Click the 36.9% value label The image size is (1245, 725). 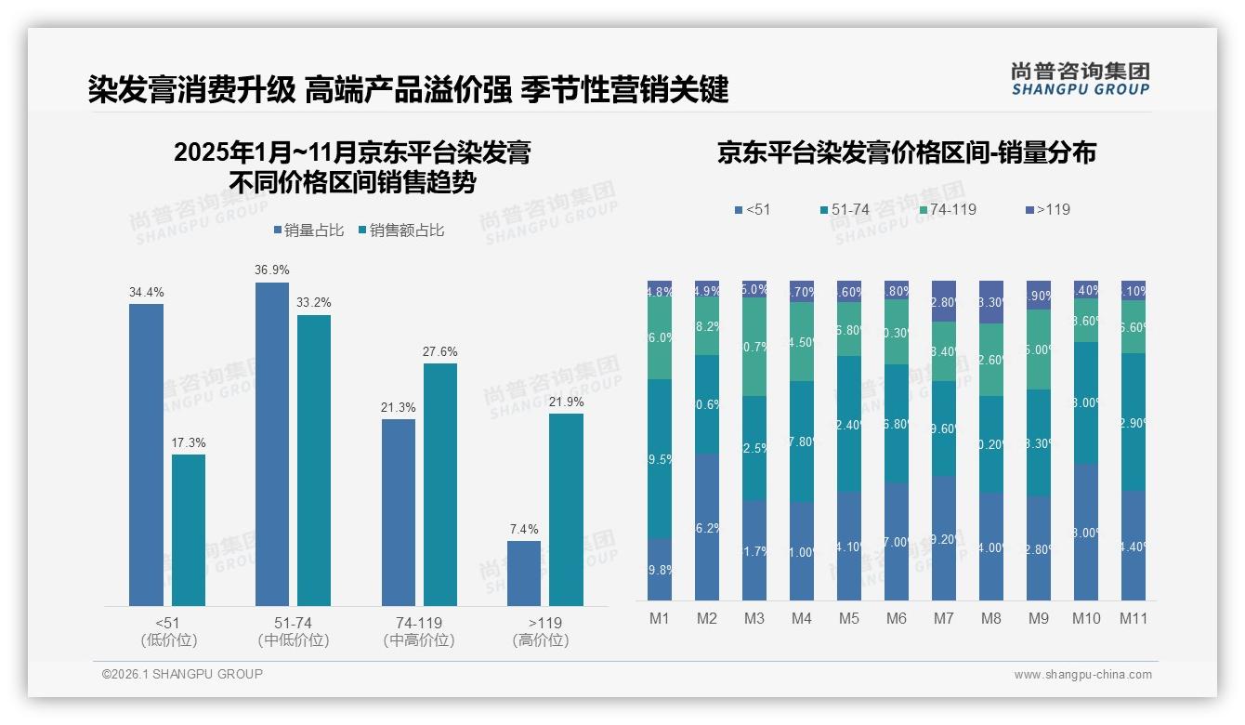272,270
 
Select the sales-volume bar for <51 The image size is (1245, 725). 146,455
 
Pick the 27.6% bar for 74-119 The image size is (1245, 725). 440,484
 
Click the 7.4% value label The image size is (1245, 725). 524,529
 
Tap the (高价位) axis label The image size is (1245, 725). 540,640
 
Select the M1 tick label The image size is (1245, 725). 660,618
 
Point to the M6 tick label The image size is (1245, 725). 896,618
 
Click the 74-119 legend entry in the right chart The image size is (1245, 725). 948,210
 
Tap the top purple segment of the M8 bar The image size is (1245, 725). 991,301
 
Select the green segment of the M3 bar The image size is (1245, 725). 754,347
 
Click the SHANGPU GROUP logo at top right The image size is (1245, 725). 1080,79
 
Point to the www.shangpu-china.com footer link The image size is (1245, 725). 1082,675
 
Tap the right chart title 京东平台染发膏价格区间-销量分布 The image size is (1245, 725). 906,152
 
